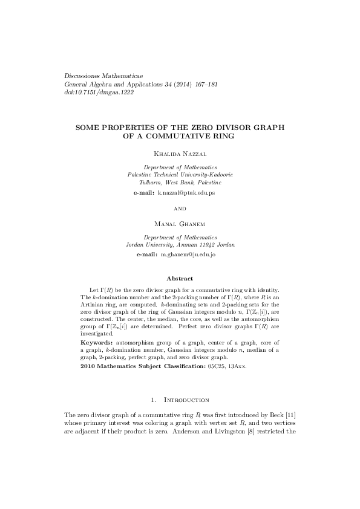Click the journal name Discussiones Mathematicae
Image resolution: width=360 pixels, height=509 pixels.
coord(100,76)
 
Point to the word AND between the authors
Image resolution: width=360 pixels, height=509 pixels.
coord(180,209)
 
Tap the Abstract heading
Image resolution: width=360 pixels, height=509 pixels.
coord(180,279)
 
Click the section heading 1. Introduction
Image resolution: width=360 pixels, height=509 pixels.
coord(180,400)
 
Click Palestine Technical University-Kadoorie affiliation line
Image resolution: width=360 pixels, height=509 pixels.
coord(180,174)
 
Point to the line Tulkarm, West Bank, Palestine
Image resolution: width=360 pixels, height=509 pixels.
coord(180,182)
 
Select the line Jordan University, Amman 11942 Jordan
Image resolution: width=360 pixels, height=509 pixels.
coord(180,245)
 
